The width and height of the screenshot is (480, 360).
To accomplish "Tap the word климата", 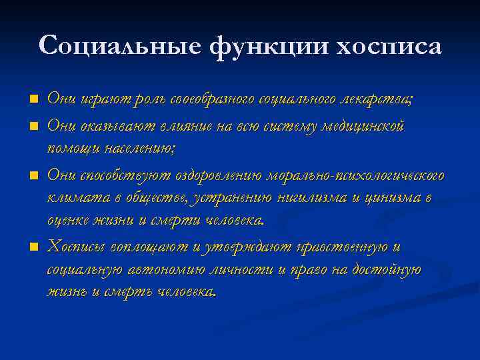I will click(71, 198).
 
